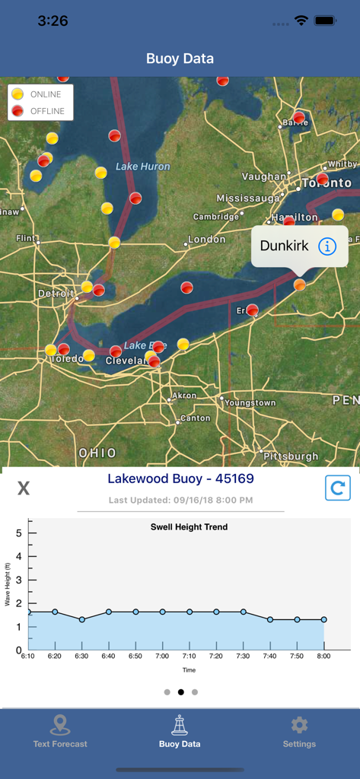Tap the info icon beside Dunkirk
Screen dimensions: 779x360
[327, 246]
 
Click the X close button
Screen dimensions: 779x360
[24, 488]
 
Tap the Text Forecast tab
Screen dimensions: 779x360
[60, 732]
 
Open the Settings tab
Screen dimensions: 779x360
[299, 732]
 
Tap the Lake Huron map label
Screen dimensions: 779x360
[143, 167]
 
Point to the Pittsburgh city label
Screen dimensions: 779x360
[291, 456]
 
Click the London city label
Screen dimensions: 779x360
[206, 240]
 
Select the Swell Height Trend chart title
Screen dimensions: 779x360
[189, 526]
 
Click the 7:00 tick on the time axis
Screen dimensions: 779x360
[163, 656]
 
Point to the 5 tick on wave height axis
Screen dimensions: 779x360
[18, 533]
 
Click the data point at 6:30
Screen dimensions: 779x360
[82, 619]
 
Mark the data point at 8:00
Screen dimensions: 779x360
[324, 619]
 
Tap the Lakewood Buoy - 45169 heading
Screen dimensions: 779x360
[180, 479]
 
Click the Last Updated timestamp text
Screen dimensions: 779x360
[180, 500]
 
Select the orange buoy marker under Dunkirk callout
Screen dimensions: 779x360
[300, 285]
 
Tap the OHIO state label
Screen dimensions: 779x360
[98, 453]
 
